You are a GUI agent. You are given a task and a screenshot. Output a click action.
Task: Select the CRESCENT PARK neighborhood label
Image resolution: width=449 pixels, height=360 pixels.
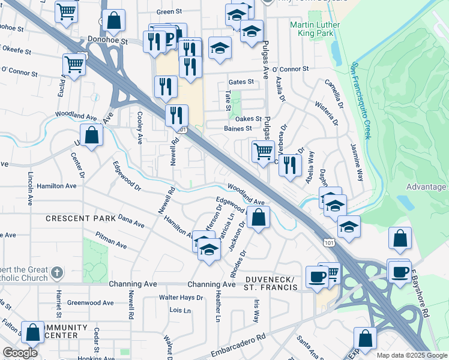[x=76, y=218]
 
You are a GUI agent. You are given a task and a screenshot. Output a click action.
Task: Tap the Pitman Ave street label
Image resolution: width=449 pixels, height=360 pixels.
[x=111, y=245]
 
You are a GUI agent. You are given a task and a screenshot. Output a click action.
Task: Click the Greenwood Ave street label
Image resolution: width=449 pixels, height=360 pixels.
[x=91, y=303]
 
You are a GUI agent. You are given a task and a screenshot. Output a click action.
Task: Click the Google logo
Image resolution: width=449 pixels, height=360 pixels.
[x=20, y=353]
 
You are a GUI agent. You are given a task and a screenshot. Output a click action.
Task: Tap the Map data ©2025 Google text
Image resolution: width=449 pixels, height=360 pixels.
[x=411, y=355]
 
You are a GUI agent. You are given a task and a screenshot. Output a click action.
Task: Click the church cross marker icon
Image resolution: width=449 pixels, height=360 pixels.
[x=57, y=273]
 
